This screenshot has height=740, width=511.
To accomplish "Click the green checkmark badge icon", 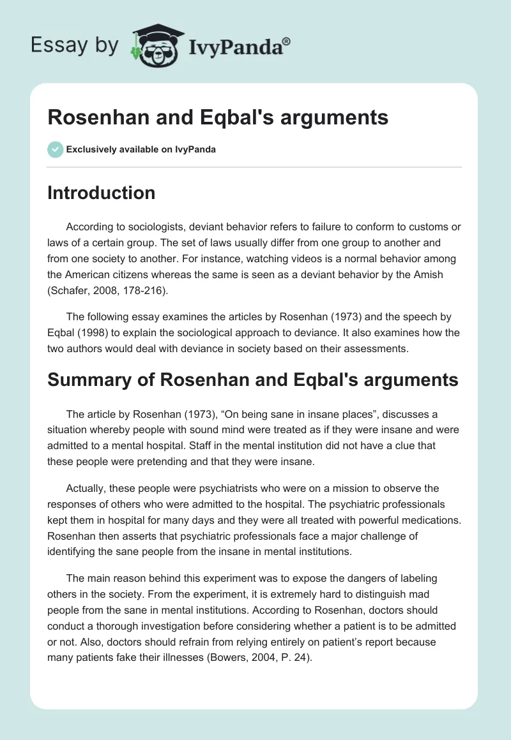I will click(x=55, y=149).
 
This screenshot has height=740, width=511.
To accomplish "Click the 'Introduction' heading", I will click(x=101, y=193).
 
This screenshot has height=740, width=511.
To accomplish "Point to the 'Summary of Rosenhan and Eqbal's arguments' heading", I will click(x=253, y=380).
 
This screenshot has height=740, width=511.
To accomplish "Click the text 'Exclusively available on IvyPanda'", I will click(x=142, y=150).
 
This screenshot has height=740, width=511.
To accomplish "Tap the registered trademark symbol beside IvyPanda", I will click(x=287, y=40).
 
